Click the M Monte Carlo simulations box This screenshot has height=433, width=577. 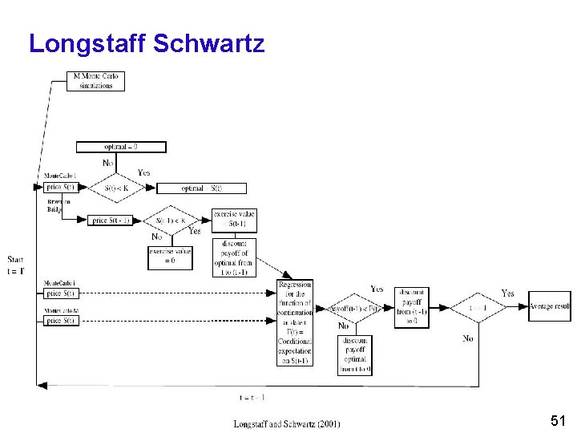(x=96, y=81)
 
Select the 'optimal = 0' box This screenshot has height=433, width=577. (x=121, y=147)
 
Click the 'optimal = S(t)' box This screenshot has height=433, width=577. (x=201, y=188)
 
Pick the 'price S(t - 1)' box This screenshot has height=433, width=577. (x=111, y=221)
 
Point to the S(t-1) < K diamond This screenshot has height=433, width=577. (x=171, y=221)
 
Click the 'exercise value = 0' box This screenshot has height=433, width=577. (x=171, y=257)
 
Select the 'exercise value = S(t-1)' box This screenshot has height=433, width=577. (x=233, y=219)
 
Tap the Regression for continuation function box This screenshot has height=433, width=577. (x=295, y=323)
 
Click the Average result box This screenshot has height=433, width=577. (x=550, y=306)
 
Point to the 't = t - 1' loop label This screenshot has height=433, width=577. (x=252, y=397)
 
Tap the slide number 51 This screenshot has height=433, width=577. (x=559, y=420)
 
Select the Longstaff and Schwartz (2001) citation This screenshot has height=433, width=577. (x=286, y=423)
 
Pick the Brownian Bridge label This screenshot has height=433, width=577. (x=58, y=205)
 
